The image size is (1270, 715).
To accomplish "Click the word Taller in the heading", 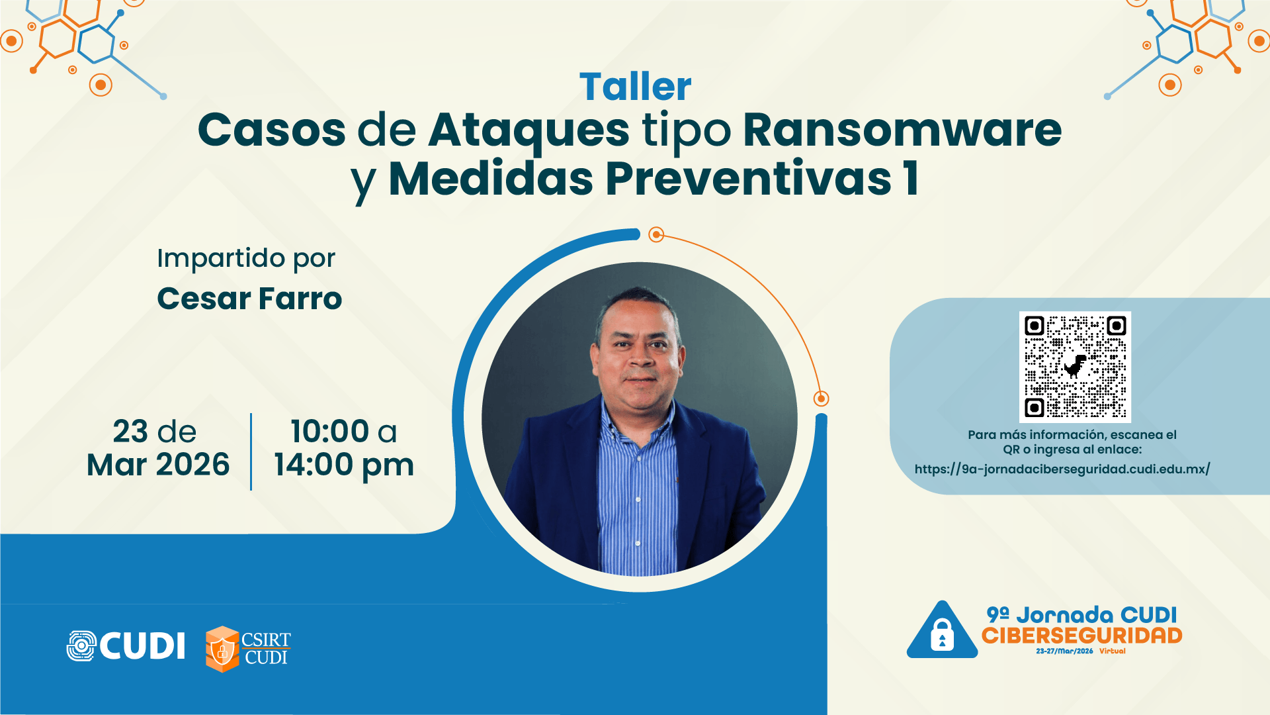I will click(x=635, y=87).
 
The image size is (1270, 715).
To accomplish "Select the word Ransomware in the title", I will click(x=902, y=130).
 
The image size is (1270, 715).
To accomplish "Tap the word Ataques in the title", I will click(x=529, y=130).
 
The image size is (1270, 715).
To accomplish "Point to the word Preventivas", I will click(x=748, y=179).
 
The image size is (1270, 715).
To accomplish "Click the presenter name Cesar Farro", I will click(x=249, y=299).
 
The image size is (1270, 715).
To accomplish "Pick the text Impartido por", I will click(x=246, y=258).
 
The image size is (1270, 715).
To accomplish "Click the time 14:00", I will click(x=314, y=465).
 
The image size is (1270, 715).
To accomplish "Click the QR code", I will click(x=1075, y=367).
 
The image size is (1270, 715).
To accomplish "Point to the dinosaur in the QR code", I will click(x=1075, y=365).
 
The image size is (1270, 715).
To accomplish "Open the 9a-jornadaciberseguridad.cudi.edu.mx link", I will click(x=1062, y=469).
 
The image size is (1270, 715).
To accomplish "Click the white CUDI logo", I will click(x=126, y=646).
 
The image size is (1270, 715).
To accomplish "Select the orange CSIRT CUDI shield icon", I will click(x=222, y=649).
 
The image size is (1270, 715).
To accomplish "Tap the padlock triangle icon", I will click(x=942, y=632).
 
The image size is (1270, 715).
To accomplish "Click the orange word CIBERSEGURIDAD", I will click(x=1081, y=636).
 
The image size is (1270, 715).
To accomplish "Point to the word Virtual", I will click(x=1112, y=651).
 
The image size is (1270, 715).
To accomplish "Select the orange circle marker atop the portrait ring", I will click(x=656, y=234).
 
